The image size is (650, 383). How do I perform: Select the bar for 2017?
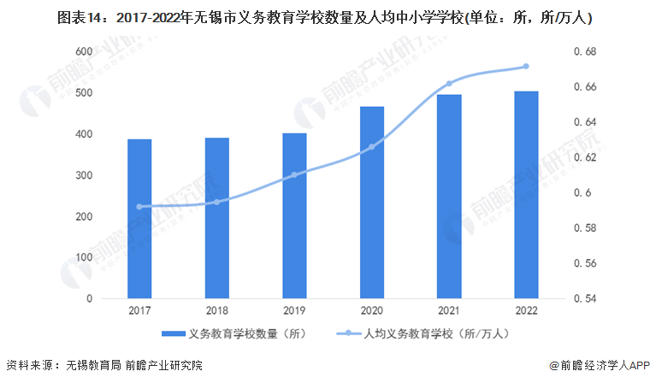pyautogui.click(x=139, y=219)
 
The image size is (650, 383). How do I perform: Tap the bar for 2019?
pyautogui.click(x=294, y=215)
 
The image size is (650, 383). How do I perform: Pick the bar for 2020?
pyautogui.click(x=371, y=203)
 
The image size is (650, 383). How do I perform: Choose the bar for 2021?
pyautogui.click(x=449, y=197)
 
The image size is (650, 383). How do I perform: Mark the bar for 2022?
pyautogui.click(x=526, y=195)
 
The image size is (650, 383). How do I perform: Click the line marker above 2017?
pyautogui.click(x=139, y=207)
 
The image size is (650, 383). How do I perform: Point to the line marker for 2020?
pyautogui.click(x=371, y=147)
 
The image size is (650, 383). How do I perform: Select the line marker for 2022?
pyautogui.click(x=526, y=66)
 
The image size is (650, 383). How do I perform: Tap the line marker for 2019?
pyautogui.click(x=294, y=175)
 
